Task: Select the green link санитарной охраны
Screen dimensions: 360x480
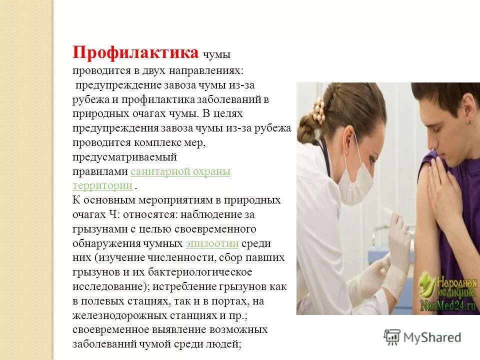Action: tap(180, 171)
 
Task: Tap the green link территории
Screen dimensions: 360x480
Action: tap(102, 185)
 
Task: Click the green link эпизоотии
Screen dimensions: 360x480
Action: tap(211, 243)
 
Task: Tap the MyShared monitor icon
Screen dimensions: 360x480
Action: tap(392, 337)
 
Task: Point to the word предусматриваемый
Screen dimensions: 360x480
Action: tap(124, 157)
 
